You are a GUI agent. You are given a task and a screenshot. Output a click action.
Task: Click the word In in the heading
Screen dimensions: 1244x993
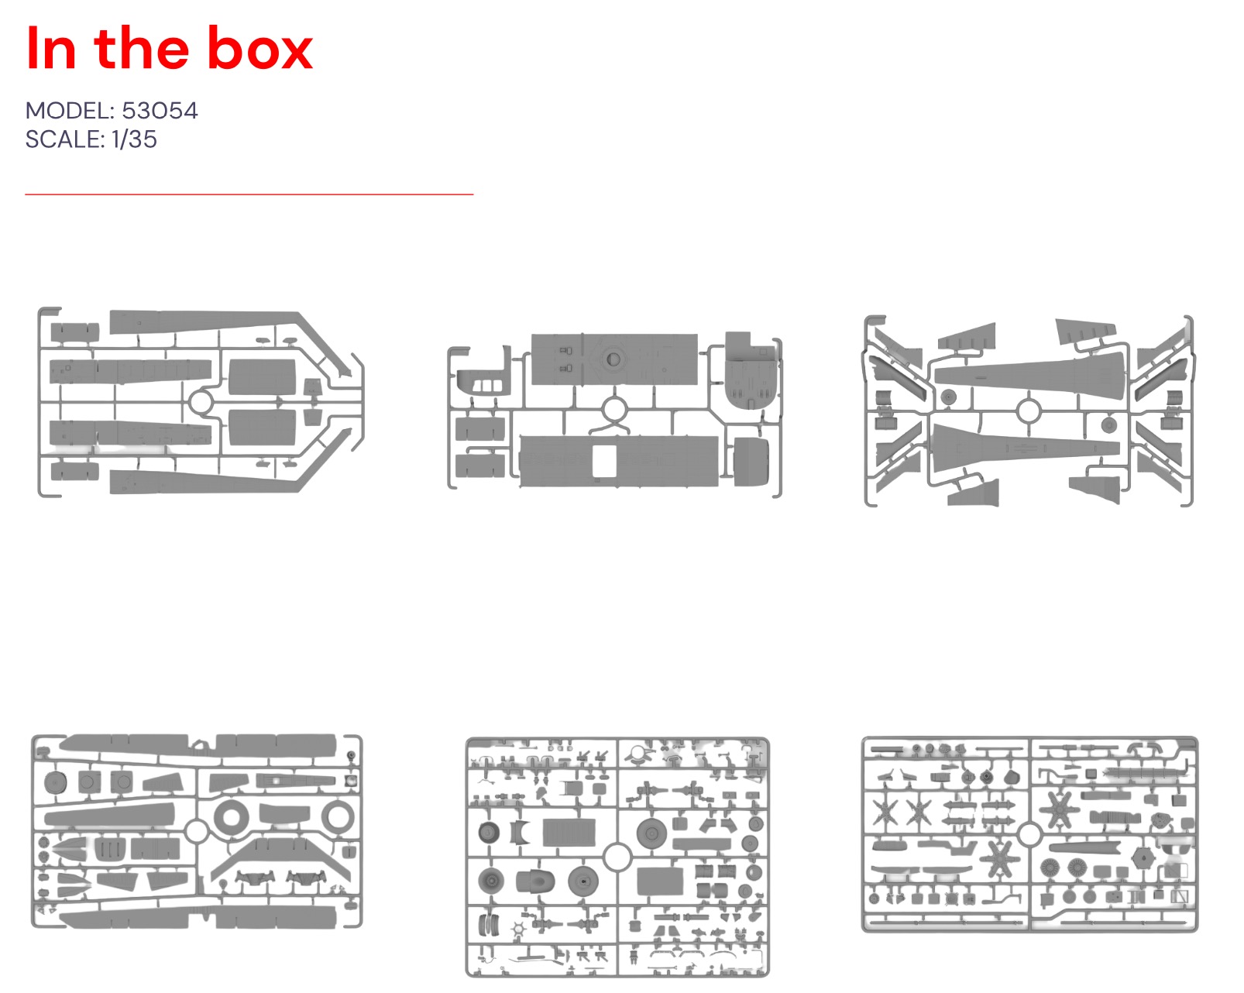[x=51, y=48]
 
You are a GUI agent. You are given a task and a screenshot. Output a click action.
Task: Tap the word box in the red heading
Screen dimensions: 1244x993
[x=260, y=48]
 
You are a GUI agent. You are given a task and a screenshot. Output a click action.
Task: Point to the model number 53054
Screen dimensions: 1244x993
[x=160, y=111]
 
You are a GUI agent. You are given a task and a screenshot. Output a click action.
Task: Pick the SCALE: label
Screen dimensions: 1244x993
[x=65, y=139]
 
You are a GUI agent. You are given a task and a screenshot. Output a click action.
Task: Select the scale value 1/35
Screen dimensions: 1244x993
[x=134, y=139]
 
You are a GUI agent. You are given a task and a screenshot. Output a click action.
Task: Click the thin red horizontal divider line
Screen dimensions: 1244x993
[x=249, y=194]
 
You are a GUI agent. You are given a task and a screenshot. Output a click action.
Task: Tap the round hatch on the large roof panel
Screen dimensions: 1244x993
[x=613, y=359]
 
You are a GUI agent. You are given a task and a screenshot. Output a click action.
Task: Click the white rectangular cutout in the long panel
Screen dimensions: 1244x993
[x=605, y=461]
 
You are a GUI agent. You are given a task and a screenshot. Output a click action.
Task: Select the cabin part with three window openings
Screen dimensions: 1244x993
[x=483, y=382]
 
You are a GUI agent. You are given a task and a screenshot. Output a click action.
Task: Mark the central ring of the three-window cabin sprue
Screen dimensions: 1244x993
[x=614, y=410]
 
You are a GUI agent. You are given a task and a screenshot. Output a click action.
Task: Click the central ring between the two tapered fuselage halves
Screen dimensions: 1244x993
[x=1029, y=411]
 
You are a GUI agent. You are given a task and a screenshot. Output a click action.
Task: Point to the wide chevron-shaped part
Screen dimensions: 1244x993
[x=281, y=857]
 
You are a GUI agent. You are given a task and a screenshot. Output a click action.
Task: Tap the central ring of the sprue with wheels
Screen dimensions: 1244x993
[x=617, y=857]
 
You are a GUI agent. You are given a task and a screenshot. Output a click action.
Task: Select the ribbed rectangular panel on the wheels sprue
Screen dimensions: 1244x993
[x=569, y=833]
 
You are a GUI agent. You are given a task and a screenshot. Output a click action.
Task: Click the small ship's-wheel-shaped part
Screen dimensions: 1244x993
[x=518, y=929]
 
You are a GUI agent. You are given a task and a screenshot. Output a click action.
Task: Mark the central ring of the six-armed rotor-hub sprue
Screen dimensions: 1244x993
[x=1029, y=835]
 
